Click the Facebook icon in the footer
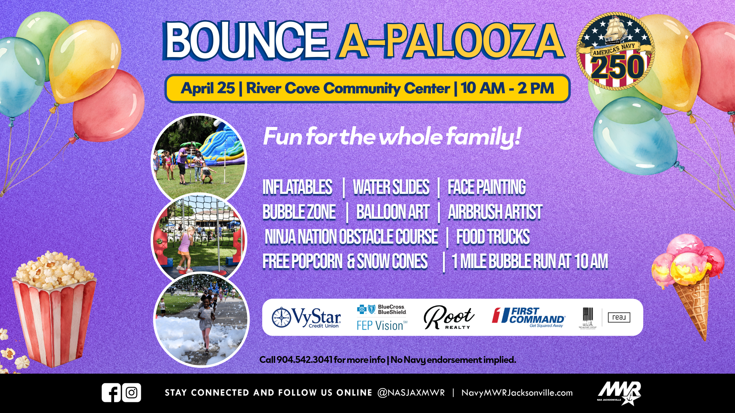click(111, 393)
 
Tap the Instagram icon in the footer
click(132, 393)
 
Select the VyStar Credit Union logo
click(306, 318)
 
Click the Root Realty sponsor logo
click(449, 317)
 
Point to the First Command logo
click(529, 317)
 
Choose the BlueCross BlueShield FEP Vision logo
click(382, 318)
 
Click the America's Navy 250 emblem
click(615, 51)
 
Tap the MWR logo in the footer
click(619, 393)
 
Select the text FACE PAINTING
click(487, 187)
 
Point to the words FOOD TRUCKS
click(493, 237)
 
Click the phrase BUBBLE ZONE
click(299, 212)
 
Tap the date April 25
click(208, 88)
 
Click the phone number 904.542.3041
click(304, 360)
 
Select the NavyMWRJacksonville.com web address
click(517, 393)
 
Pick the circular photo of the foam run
click(201, 320)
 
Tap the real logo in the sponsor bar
click(619, 317)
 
